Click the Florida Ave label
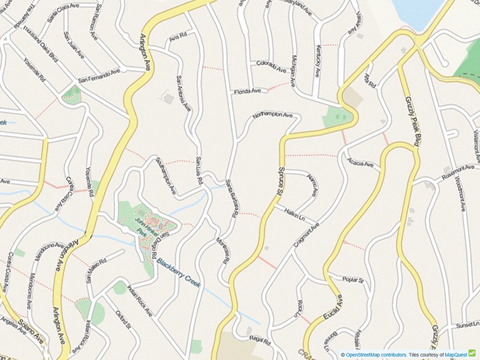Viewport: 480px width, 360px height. (x=247, y=92)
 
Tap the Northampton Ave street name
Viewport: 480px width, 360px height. (x=273, y=115)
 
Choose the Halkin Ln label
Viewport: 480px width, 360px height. (x=294, y=214)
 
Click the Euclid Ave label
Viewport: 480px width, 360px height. (x=333, y=309)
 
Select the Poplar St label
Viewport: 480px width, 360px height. (x=353, y=280)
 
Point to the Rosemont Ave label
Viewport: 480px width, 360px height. (x=457, y=172)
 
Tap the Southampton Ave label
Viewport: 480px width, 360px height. (x=166, y=176)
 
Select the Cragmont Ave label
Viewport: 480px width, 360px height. (x=307, y=235)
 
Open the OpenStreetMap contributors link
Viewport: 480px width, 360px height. (x=376, y=355)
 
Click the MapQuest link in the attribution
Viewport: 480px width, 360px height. (x=456, y=355)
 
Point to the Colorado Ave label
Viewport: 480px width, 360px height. (x=271, y=66)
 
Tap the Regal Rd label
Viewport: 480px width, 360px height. (x=260, y=338)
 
